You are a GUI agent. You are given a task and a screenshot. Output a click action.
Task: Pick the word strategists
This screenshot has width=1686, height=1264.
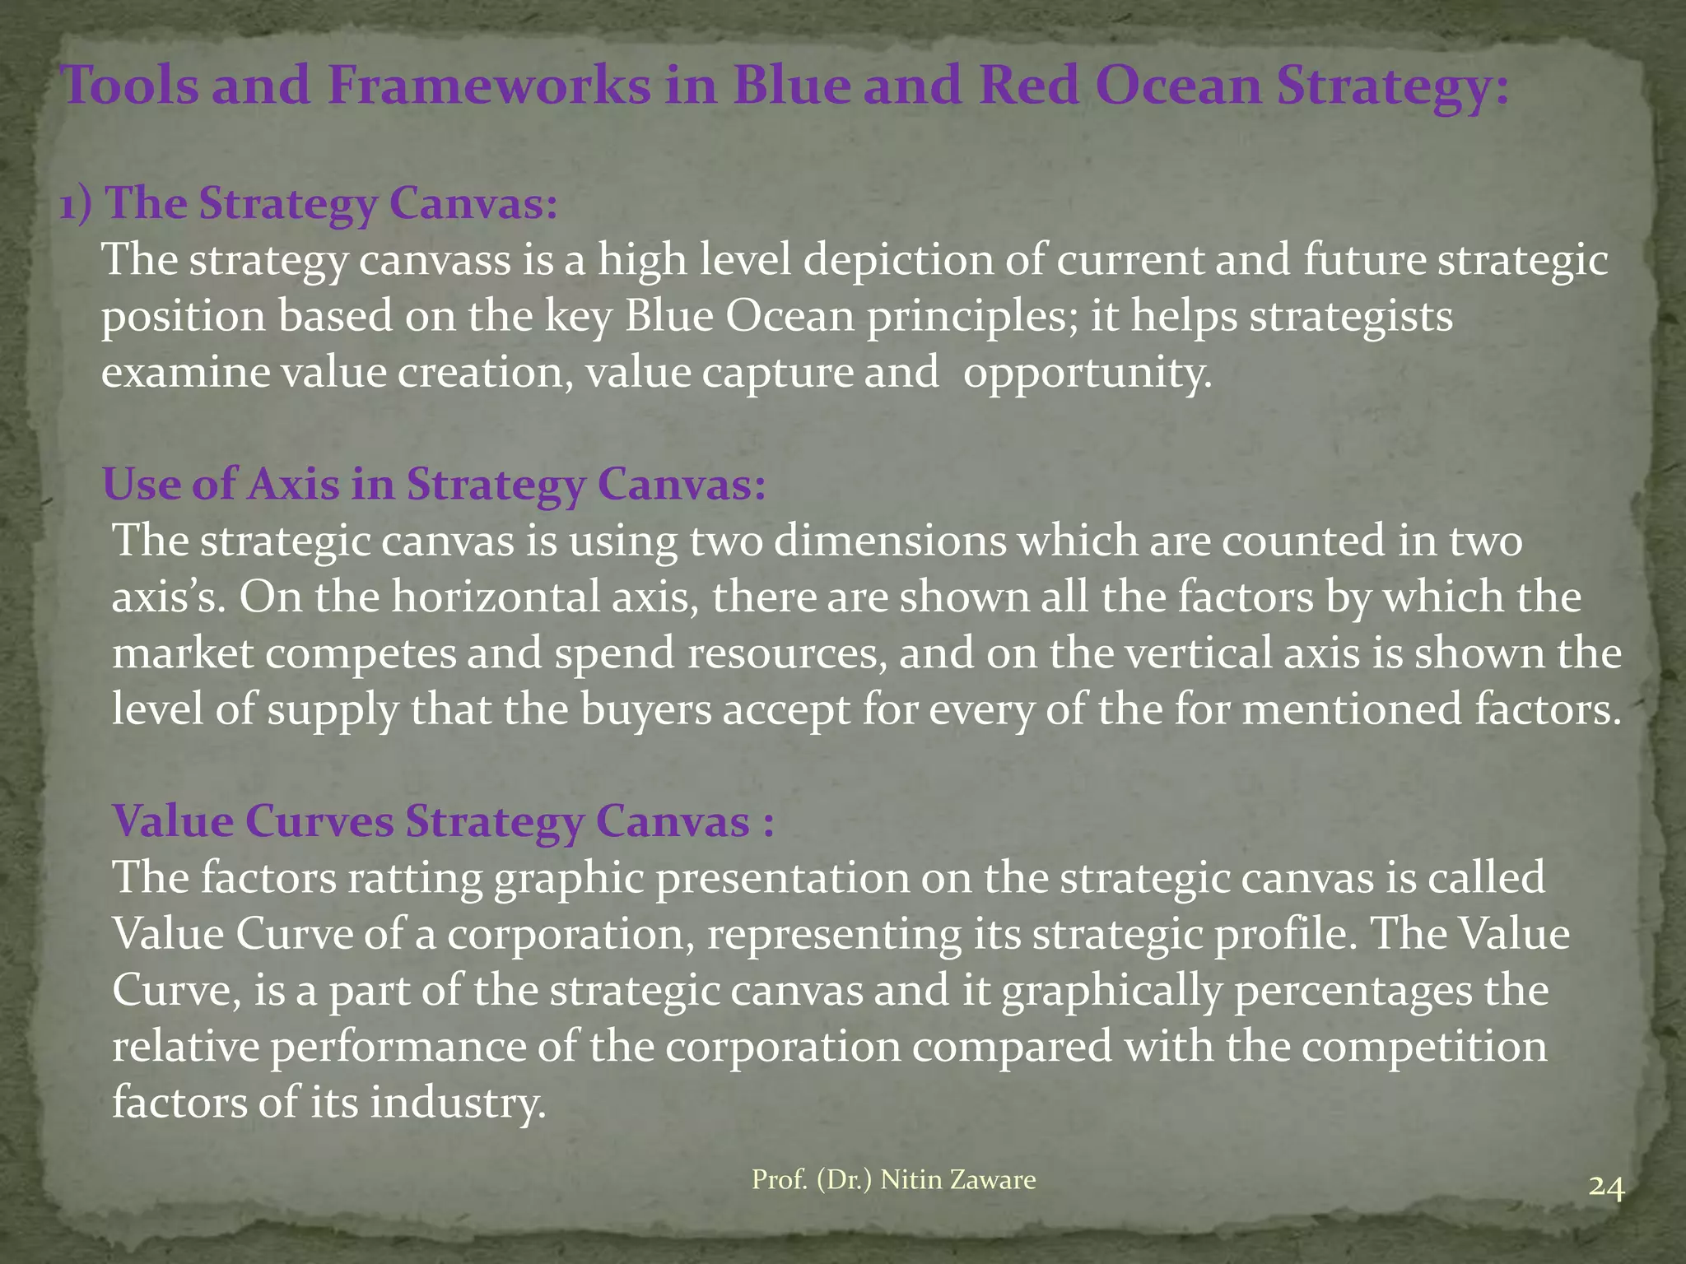tap(1351, 317)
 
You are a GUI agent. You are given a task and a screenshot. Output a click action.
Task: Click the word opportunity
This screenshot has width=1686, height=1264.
tap(1088, 373)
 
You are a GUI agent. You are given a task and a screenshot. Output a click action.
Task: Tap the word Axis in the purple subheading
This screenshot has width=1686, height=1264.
tap(292, 485)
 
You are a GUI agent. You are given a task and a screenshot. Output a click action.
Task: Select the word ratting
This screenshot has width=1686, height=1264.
tap(416, 877)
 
